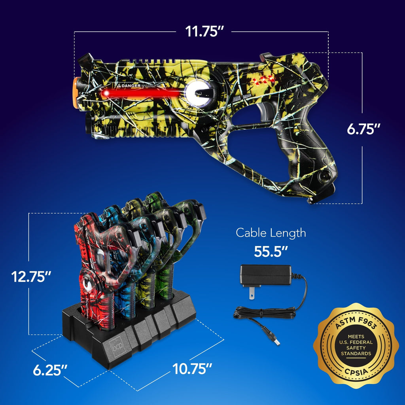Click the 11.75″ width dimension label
pos(202,31)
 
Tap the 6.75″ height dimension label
pos(363,129)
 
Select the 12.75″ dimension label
pos(31,276)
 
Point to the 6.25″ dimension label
pos(50,371)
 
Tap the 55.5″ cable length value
pos(271,252)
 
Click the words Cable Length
pos(271,233)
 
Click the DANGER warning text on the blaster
pos(129,85)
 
